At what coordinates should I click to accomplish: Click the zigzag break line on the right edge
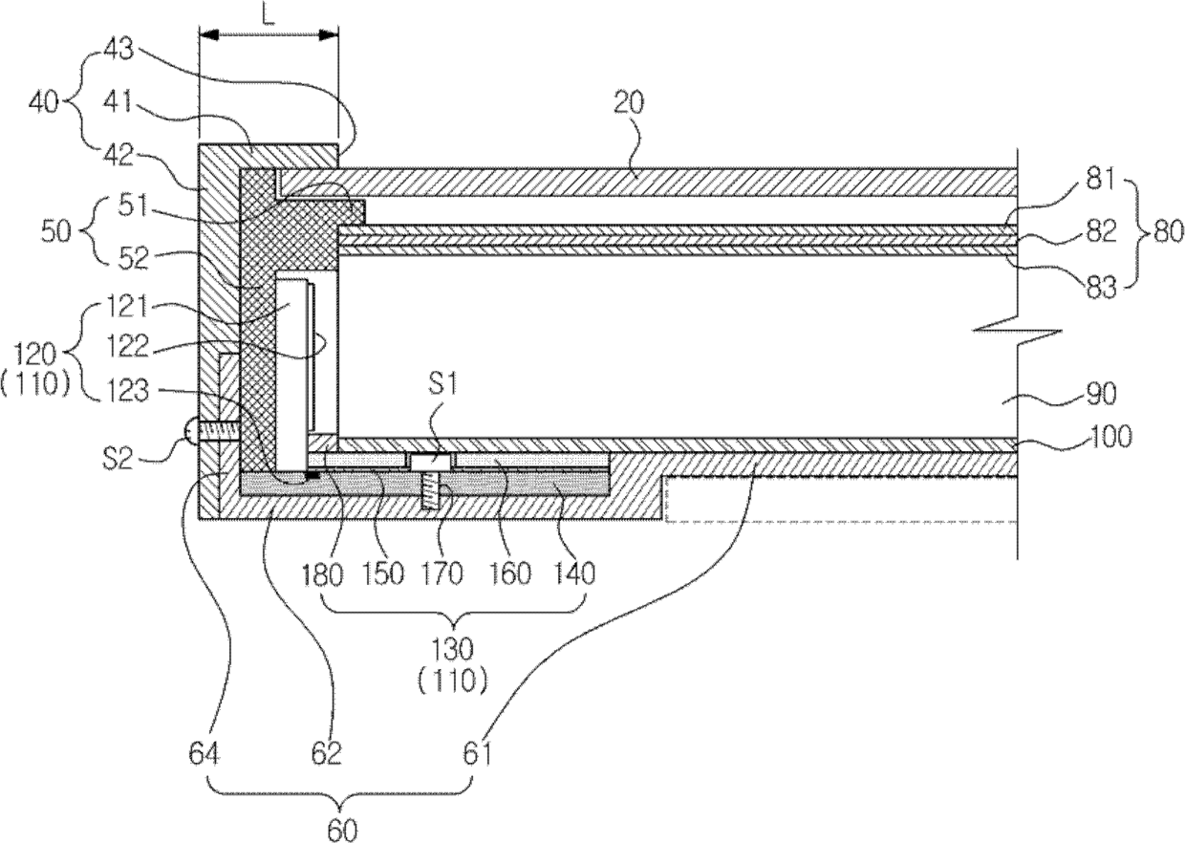(x=1017, y=333)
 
